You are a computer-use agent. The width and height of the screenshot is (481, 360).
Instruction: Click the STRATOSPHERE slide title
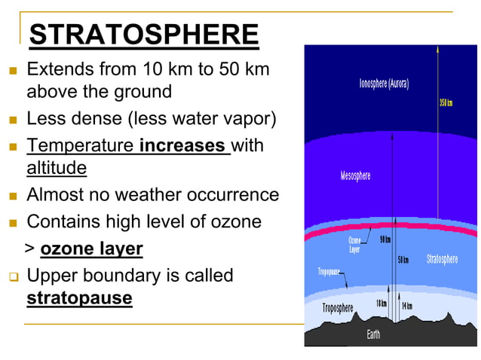(x=143, y=35)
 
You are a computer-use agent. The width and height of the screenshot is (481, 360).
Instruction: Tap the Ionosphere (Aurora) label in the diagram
(x=384, y=84)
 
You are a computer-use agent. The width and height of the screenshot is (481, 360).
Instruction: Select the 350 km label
(x=446, y=102)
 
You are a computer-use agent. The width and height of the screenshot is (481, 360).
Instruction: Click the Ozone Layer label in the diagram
(x=354, y=245)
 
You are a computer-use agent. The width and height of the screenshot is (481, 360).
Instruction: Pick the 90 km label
(x=384, y=239)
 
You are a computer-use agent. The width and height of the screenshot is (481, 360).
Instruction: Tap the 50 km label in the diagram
(x=403, y=260)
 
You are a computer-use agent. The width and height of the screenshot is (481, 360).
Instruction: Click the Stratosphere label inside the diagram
(x=442, y=259)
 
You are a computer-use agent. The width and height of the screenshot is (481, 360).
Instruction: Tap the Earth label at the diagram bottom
(x=373, y=334)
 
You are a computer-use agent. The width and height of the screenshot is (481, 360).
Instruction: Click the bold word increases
(x=183, y=145)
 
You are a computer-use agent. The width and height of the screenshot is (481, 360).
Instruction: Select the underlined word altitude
(x=57, y=168)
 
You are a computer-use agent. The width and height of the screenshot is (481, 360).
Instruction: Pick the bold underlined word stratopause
(x=79, y=298)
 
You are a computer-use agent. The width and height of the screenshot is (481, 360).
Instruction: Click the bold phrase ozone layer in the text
(x=91, y=249)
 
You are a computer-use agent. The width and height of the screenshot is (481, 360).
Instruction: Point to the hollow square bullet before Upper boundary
(x=12, y=277)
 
